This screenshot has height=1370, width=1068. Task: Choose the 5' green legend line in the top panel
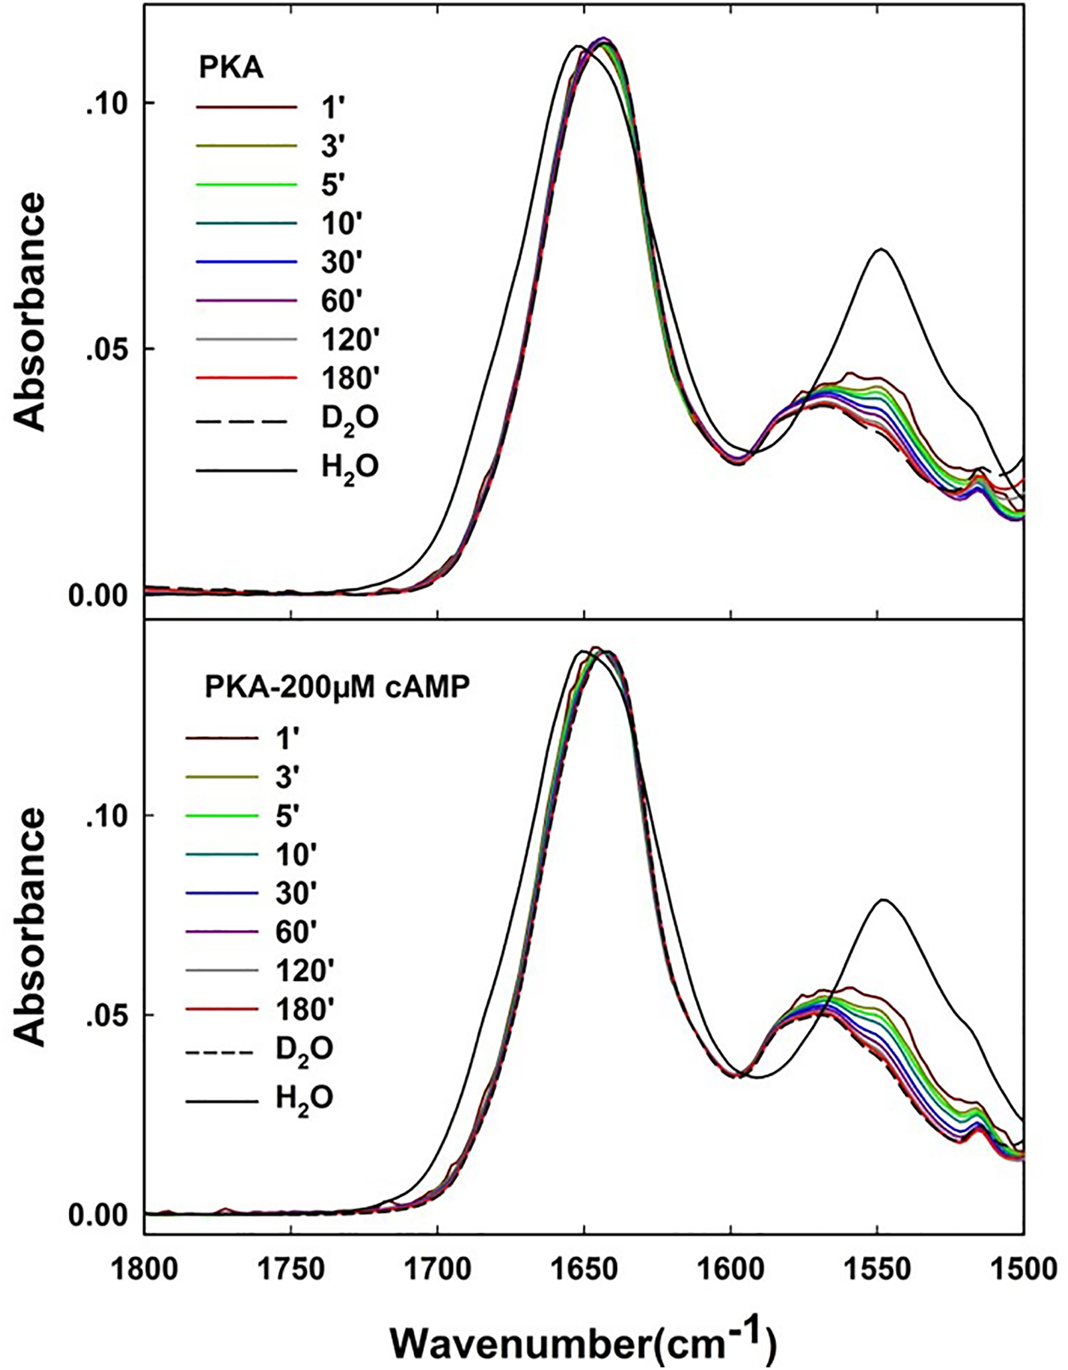pos(246,184)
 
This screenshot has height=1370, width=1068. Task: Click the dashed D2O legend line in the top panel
pos(246,421)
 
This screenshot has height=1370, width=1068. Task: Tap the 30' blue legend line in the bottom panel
pos(222,893)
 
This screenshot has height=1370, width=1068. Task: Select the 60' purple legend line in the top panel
pos(246,301)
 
